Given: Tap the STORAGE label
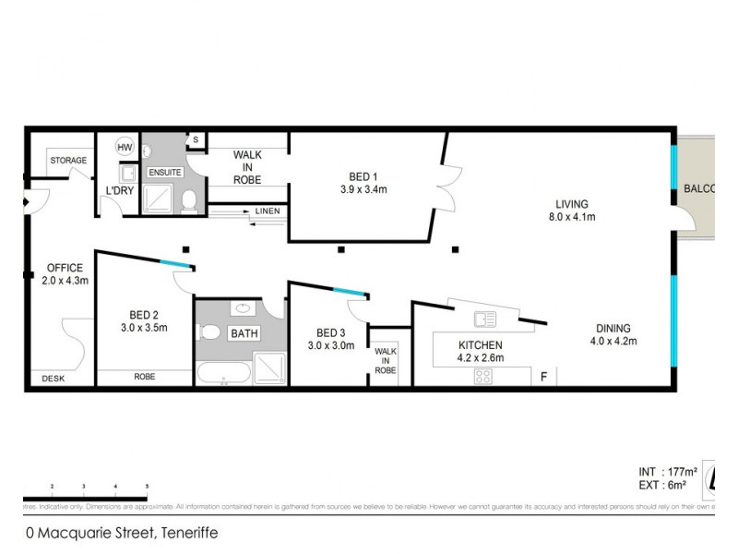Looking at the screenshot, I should click(x=68, y=161).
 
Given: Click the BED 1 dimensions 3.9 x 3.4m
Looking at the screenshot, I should click(x=363, y=190).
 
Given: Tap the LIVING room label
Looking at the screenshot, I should click(x=571, y=204).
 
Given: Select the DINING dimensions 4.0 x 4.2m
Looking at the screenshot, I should click(x=613, y=342).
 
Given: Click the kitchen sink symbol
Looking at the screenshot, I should click(x=484, y=319).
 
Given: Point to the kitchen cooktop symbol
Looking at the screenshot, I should click(x=483, y=376).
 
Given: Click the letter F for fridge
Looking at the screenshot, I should click(x=544, y=377).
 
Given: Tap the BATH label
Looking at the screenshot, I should click(x=244, y=332).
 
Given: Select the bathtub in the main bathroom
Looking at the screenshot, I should click(x=222, y=375).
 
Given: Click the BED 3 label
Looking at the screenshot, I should click(x=331, y=333).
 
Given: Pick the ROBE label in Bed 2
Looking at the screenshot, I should click(x=144, y=377).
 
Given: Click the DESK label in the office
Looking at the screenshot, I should click(x=54, y=379).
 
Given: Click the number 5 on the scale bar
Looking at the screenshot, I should click(x=147, y=486).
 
